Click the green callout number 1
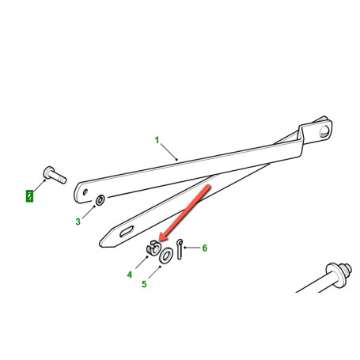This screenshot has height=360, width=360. click(157, 140)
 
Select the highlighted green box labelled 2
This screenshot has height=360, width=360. click(29, 196)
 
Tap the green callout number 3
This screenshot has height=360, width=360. click(78, 222)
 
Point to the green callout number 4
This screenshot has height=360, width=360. click(129, 275)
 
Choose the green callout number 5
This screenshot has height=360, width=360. click(144, 284)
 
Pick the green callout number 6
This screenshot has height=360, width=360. click(205, 248)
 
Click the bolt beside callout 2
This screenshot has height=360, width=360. click(55, 175)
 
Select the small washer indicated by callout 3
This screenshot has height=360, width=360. click(100, 200)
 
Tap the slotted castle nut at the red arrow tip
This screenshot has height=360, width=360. click(153, 248)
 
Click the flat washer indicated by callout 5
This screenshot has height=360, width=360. click(165, 256)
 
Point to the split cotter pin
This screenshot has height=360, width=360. click(180, 249)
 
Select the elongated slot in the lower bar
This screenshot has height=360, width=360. click(127, 231)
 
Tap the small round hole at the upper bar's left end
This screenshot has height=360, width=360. click(85, 191)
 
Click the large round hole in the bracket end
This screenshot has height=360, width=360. click(325, 131)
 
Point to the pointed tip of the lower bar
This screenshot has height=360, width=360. click(100, 245)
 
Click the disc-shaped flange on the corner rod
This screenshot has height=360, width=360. click(335, 275)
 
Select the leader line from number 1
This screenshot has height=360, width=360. click(169, 152)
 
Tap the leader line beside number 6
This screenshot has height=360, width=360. click(192, 248)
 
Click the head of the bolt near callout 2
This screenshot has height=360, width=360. click(48, 172)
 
